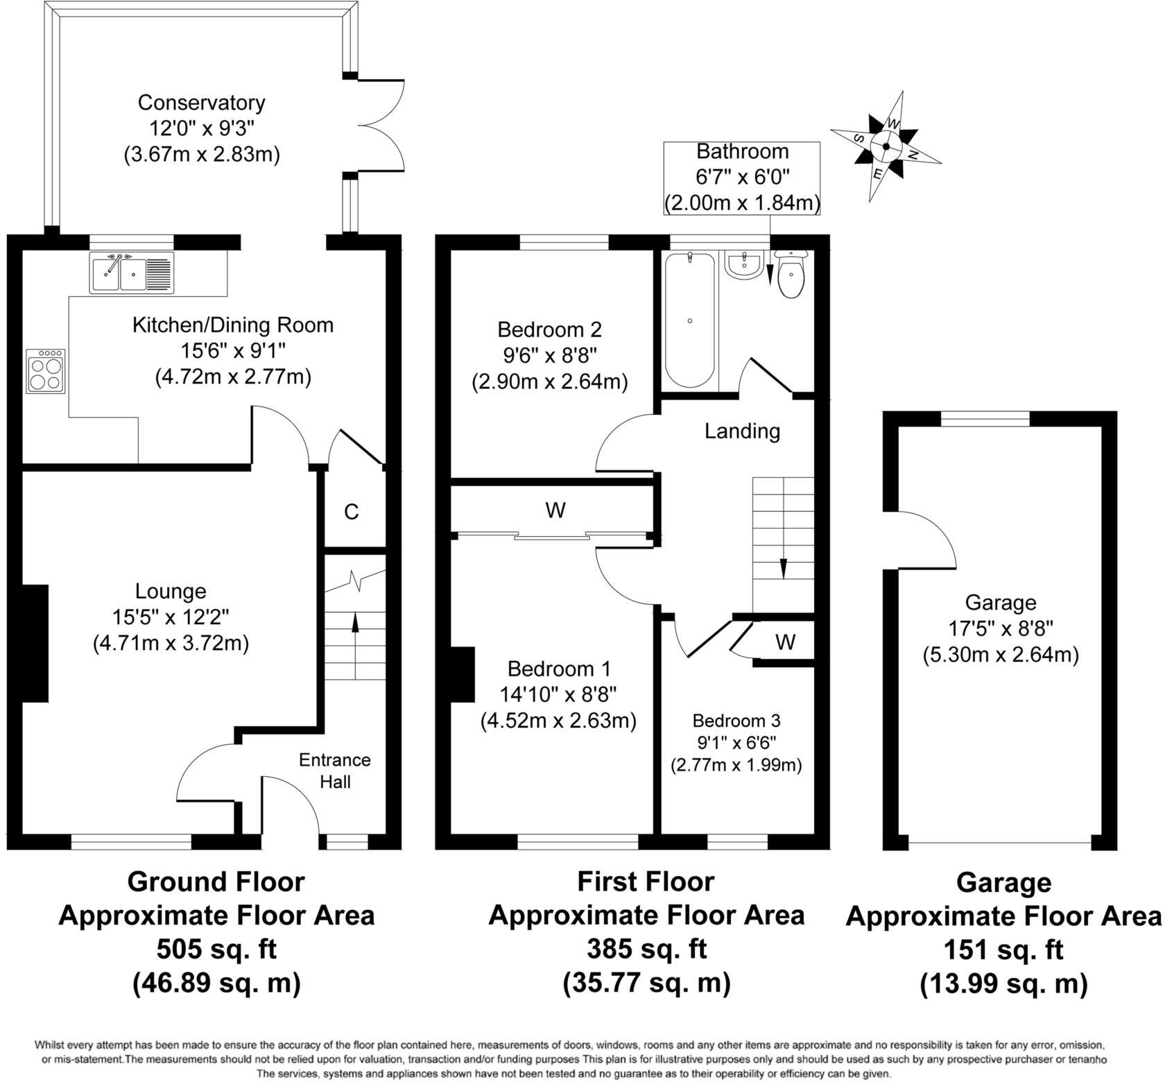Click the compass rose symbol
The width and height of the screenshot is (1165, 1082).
(886, 146)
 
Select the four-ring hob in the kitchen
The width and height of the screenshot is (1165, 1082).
(46, 371)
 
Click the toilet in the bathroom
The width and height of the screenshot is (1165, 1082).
(791, 275)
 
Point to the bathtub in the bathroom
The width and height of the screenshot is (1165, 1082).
(689, 320)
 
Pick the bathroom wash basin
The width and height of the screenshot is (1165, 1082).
(744, 265)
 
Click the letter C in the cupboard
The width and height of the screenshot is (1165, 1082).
(352, 512)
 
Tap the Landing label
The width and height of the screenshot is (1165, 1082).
(742, 431)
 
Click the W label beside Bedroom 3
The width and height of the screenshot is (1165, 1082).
(785, 642)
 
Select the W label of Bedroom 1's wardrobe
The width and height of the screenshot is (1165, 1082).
(555, 510)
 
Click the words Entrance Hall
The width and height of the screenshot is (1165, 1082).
(335, 771)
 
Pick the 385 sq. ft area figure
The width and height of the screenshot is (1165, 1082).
(646, 947)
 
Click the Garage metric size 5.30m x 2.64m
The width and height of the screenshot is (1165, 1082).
(1001, 655)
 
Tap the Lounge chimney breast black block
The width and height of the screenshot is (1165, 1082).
(35, 644)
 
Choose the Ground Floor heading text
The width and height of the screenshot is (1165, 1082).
(216, 882)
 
